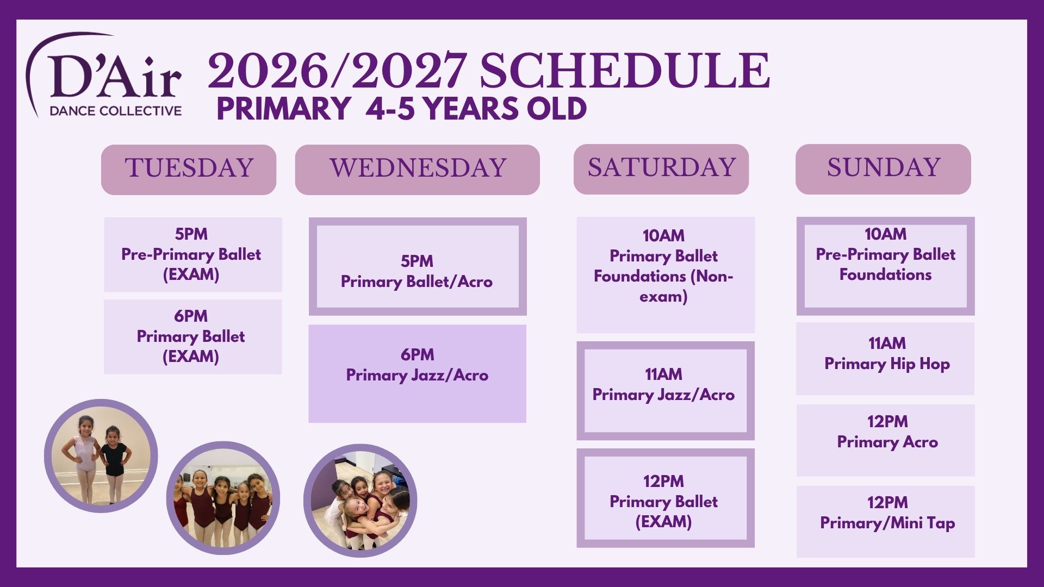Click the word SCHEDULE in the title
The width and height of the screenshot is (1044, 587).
pyautogui.click(x=624, y=71)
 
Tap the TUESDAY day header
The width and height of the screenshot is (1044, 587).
pyautogui.click(x=189, y=170)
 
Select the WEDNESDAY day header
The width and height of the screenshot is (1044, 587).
pyautogui.click(x=418, y=170)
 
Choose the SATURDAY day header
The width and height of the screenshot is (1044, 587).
pyautogui.click(x=661, y=169)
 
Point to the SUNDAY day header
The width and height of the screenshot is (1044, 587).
pyautogui.click(x=883, y=169)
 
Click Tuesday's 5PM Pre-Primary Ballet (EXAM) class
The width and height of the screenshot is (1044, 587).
pyautogui.click(x=193, y=254)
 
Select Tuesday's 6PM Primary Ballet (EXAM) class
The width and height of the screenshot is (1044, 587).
pyautogui.click(x=193, y=336)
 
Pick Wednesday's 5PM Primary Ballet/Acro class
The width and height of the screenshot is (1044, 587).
pyautogui.click(x=418, y=266)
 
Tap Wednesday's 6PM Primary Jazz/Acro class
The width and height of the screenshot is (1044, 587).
pyautogui.click(x=417, y=373)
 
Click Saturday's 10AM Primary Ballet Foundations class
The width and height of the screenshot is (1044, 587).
pyautogui.click(x=666, y=275)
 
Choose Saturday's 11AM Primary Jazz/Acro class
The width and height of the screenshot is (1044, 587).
pyautogui.click(x=666, y=391)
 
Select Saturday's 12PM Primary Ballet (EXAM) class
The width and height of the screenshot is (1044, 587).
pyautogui.click(x=666, y=498)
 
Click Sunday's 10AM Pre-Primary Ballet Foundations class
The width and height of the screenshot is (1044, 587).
pyautogui.click(x=886, y=266)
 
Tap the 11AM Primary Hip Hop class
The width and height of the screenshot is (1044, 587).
pyautogui.click(x=885, y=359)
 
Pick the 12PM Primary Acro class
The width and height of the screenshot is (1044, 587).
pyautogui.click(x=886, y=440)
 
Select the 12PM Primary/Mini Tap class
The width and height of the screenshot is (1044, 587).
pyautogui.click(x=886, y=522)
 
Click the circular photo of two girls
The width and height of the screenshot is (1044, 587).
pyautogui.click(x=101, y=456)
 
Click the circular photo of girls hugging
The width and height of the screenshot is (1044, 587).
pyautogui.click(x=361, y=501)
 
